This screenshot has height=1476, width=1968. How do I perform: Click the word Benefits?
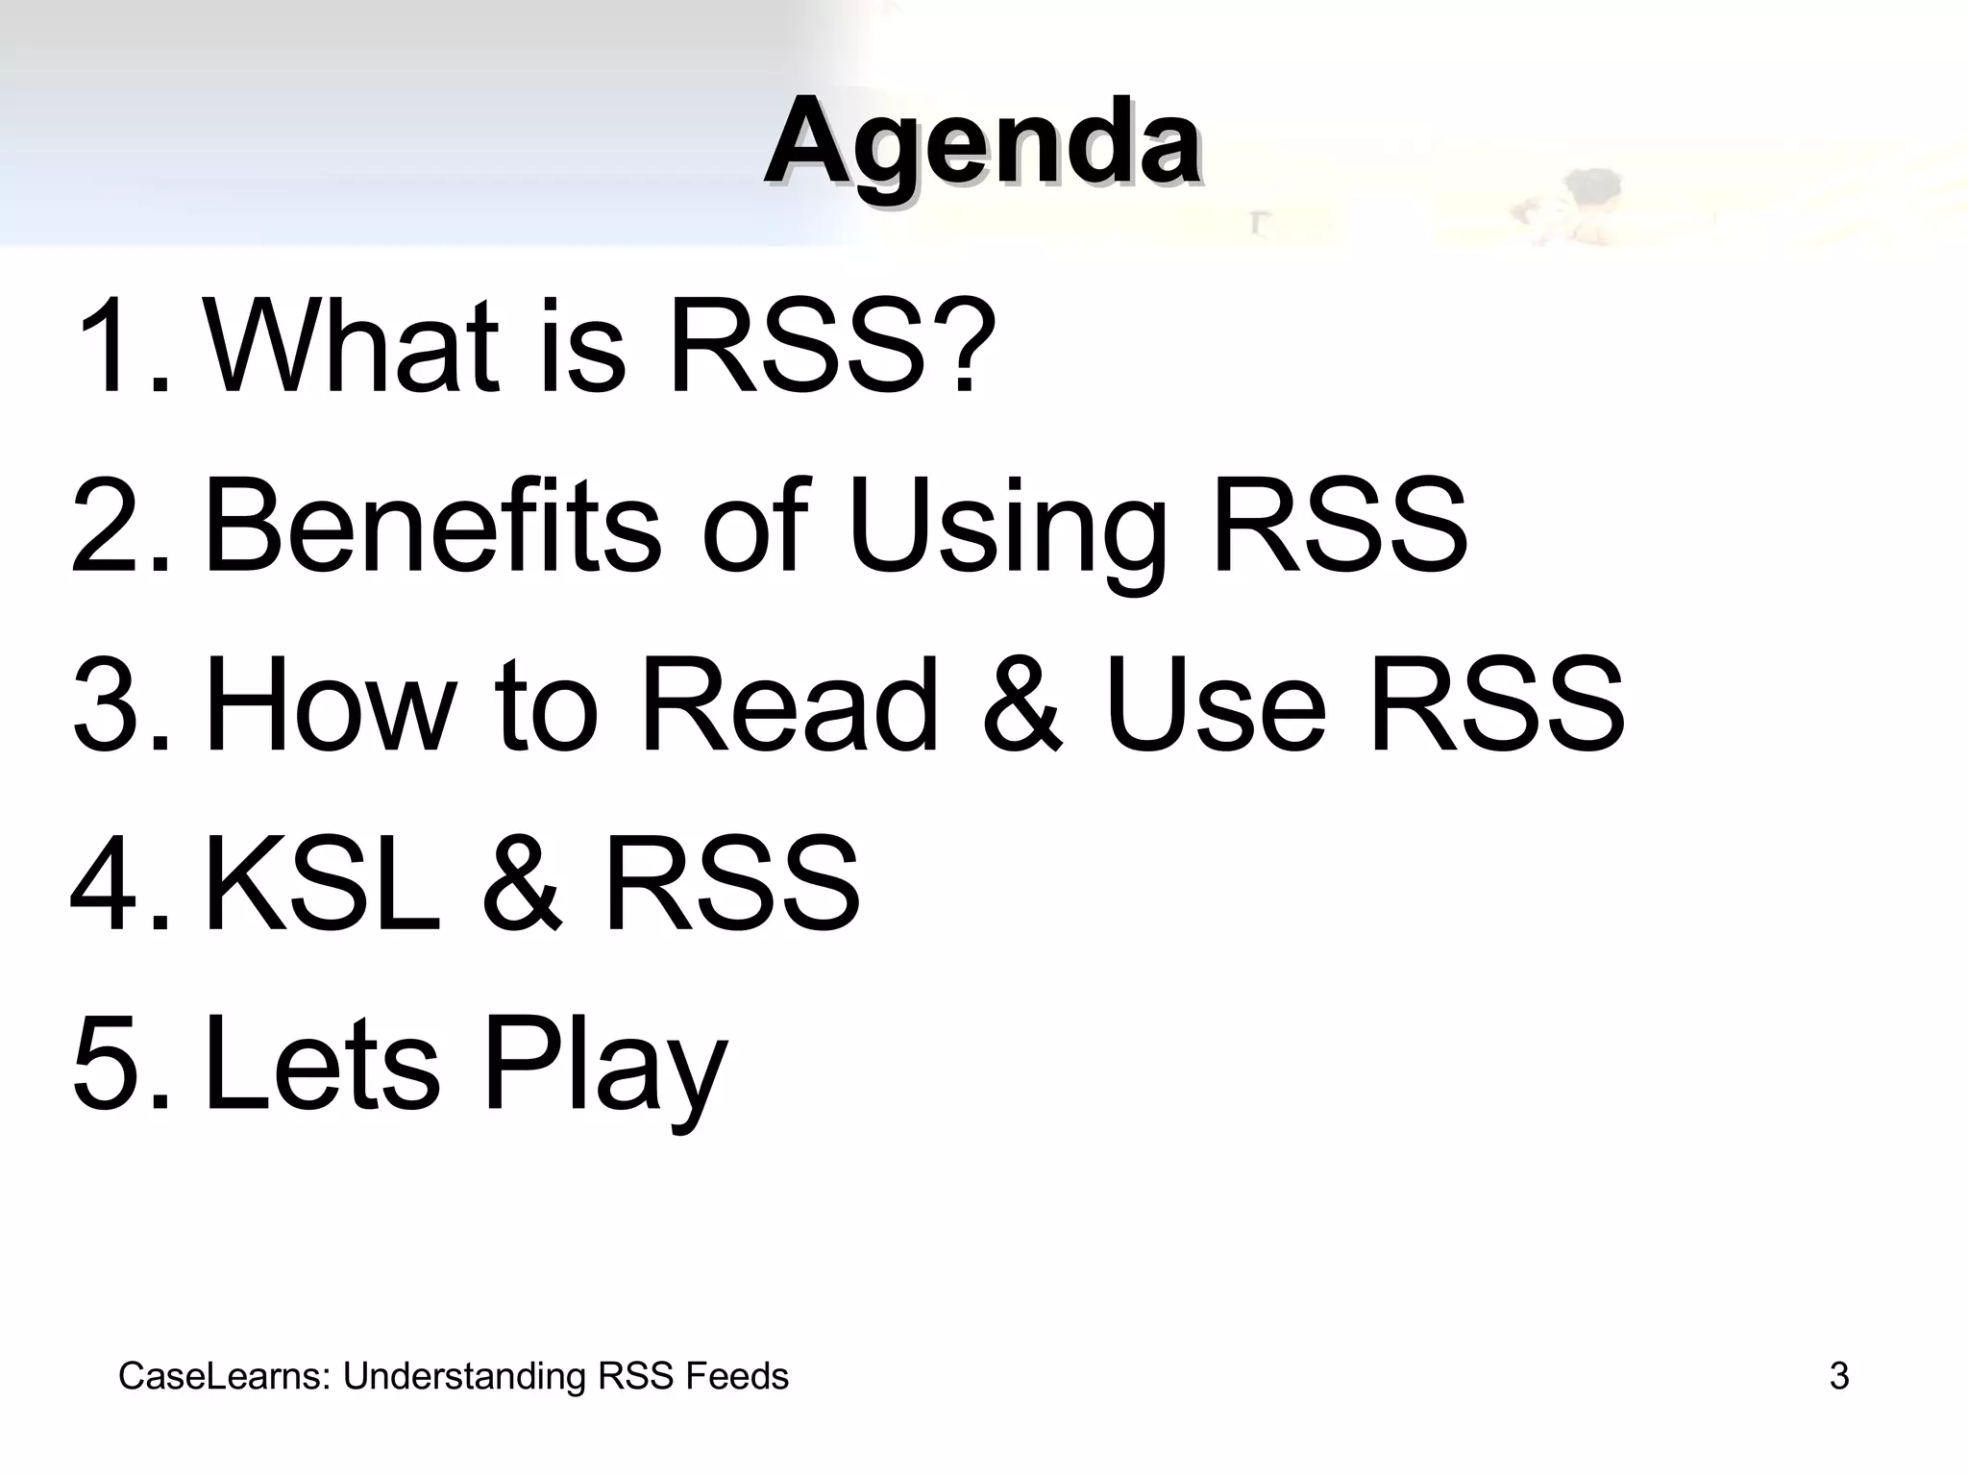click(x=432, y=527)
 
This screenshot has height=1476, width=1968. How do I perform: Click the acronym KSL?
click(x=323, y=884)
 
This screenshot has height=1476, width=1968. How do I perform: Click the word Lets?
click(x=323, y=1063)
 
